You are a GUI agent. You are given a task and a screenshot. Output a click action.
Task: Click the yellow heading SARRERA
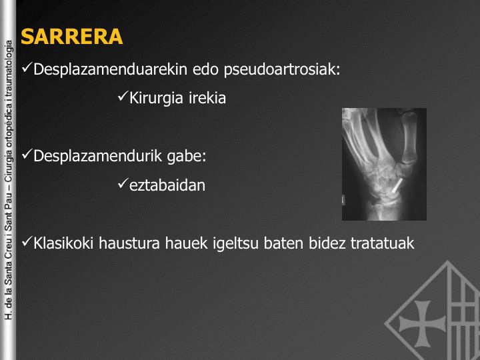click(x=71, y=37)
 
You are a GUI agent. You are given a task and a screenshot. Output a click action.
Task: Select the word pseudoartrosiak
click(x=282, y=70)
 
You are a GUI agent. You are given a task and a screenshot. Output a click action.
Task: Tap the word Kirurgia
click(x=156, y=99)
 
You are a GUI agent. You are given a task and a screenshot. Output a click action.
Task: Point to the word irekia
click(x=207, y=98)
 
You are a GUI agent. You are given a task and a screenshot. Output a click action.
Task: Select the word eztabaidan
click(x=167, y=185)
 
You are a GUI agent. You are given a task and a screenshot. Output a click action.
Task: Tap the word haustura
click(x=129, y=244)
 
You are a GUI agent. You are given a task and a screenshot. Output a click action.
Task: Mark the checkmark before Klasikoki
click(x=27, y=241)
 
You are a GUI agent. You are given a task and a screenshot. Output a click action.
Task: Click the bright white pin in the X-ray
click(x=397, y=186)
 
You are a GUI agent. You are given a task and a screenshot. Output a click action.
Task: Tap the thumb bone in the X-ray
click(x=409, y=139)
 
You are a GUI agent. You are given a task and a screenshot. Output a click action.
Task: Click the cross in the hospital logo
click(x=422, y=323)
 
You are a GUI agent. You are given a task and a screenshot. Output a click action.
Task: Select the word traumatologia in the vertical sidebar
click(x=9, y=68)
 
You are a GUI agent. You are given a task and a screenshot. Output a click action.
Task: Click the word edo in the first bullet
click(x=205, y=69)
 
